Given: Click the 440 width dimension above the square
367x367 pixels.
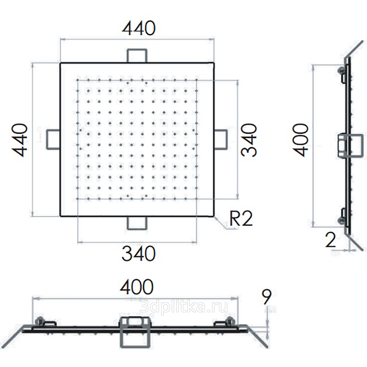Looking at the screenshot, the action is [x=139, y=28].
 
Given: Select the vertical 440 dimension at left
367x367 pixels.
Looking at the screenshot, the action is [x=20, y=140].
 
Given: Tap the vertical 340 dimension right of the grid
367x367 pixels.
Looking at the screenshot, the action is [x=249, y=140].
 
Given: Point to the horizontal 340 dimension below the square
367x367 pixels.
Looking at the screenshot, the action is [x=139, y=253].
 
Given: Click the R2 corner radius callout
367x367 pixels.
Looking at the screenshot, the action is [x=241, y=219].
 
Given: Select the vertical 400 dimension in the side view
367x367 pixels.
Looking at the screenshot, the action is [x=301, y=140].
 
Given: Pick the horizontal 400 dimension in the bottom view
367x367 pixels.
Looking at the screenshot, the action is [x=137, y=287].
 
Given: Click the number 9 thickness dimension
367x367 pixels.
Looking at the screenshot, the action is [x=267, y=297].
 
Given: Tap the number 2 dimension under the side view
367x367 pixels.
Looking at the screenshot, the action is [x=331, y=240].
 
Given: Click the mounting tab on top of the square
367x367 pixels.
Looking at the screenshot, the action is [x=137, y=56].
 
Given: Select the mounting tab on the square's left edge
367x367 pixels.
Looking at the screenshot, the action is [x=53, y=139].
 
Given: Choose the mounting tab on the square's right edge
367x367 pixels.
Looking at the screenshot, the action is [x=221, y=139].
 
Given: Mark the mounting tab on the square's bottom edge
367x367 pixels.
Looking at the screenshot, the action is [x=137, y=223].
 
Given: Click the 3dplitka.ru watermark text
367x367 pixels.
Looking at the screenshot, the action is [x=183, y=307].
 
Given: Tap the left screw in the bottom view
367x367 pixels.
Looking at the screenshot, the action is [x=39, y=321].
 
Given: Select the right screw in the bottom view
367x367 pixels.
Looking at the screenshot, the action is [x=230, y=321].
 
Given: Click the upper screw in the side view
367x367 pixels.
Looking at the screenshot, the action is [x=341, y=70].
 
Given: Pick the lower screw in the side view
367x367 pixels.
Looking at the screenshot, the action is [x=341, y=220].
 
